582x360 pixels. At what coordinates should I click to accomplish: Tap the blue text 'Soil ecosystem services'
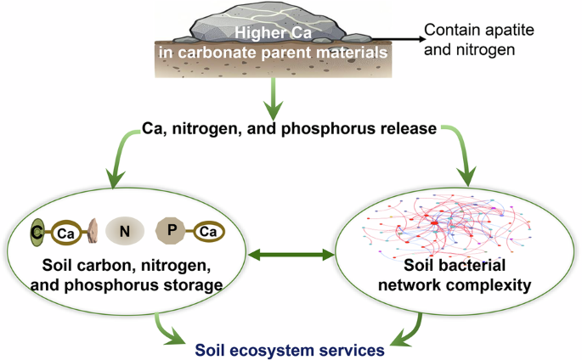[x=289, y=348]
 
